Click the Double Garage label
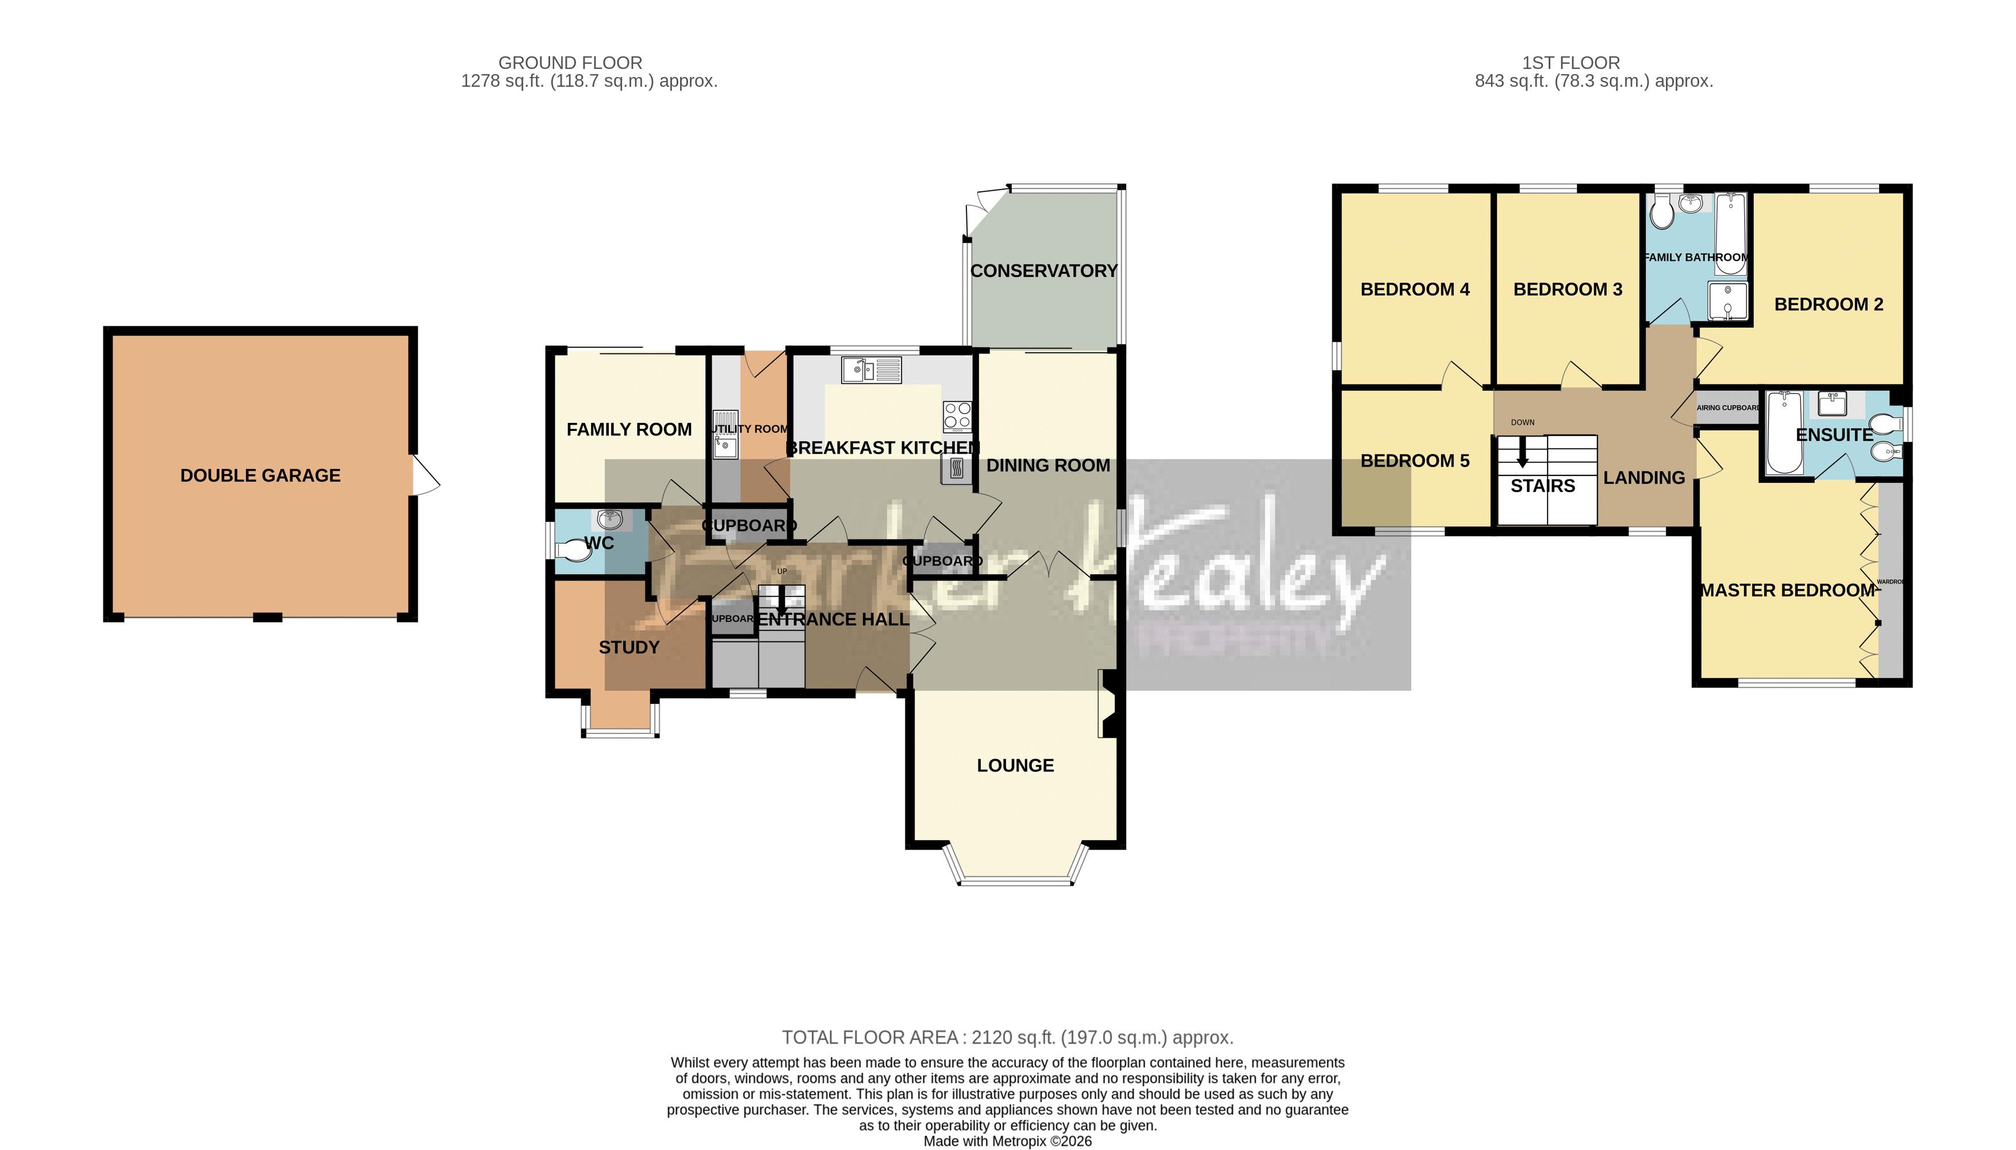[x=260, y=475]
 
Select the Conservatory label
[x=1043, y=271]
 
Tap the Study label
[x=628, y=648]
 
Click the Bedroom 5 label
[x=1414, y=460]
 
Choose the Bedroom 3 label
[x=1567, y=289]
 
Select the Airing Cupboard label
[x=1727, y=407]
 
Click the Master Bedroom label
[x=1787, y=590]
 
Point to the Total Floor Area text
[x=1007, y=1037]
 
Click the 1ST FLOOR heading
[x=1570, y=63]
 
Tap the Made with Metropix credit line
[x=1007, y=1141]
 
